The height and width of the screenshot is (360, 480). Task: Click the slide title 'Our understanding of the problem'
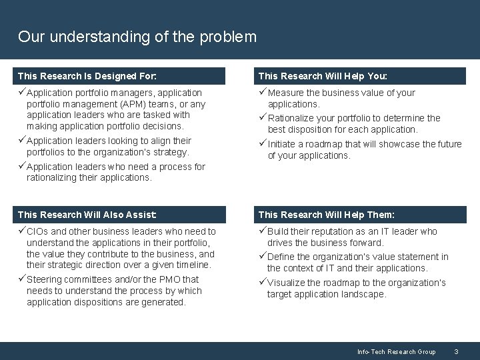(137, 36)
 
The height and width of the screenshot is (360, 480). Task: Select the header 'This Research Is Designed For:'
(87, 76)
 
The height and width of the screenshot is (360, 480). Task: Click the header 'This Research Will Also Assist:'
(87, 215)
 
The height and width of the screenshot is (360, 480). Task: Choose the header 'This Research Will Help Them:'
(326, 215)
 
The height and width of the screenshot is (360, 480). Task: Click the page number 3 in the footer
(456, 351)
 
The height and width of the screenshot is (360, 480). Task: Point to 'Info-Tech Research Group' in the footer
(396, 351)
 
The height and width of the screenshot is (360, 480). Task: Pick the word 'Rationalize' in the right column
(291, 118)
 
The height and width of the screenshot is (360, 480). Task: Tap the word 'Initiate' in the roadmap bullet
(283, 144)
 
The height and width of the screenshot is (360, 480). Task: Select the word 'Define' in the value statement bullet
(281, 257)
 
